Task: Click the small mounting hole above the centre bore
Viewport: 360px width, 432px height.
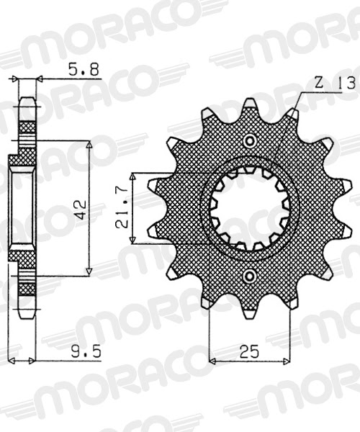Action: pyautogui.click(x=250, y=140)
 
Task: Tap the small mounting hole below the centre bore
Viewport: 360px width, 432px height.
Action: pyautogui.click(x=250, y=276)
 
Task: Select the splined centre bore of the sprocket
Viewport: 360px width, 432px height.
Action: pyautogui.click(x=250, y=208)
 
